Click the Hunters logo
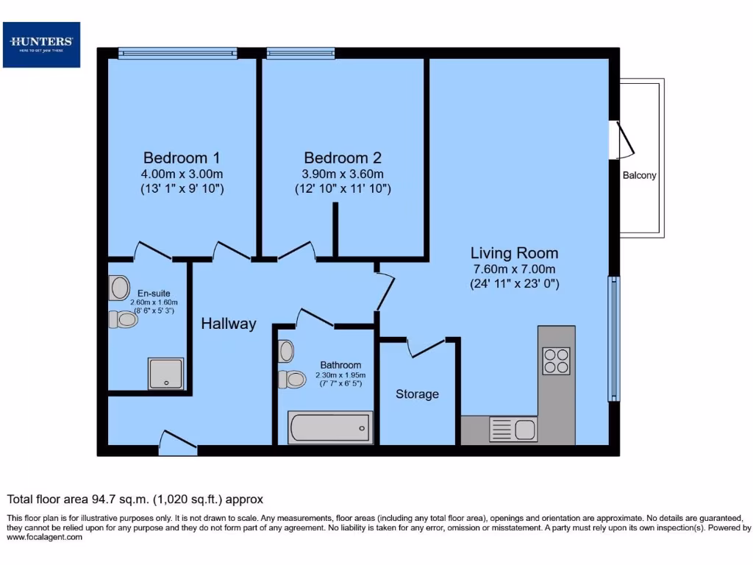(41, 44)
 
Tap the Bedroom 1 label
(182, 157)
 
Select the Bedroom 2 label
(343, 157)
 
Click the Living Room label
(515, 253)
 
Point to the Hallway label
(229, 323)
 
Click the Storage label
(417, 394)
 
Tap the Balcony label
(639, 176)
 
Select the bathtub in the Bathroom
(330, 427)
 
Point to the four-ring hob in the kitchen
(556, 361)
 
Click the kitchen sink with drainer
(513, 429)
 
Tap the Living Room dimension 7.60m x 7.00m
(515, 269)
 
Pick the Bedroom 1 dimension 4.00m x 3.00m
(182, 174)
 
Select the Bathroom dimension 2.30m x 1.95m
(340, 374)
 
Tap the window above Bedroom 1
(177, 53)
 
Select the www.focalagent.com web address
(45, 537)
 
